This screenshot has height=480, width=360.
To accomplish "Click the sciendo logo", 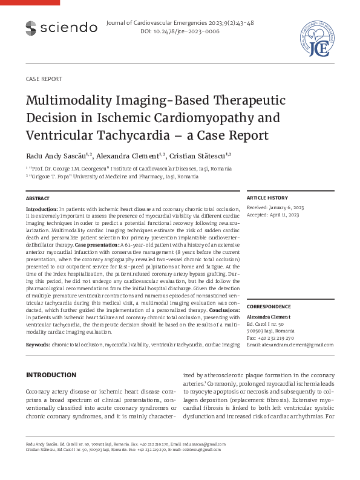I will point(61,27).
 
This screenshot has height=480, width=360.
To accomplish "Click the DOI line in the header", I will point(180,31).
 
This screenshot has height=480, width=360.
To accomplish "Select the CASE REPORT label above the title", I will point(44,79).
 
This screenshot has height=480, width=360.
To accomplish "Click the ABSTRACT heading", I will point(38,198).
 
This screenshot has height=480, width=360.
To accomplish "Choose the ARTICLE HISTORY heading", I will point(267,198).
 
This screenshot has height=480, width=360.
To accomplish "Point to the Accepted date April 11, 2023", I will point(283,214).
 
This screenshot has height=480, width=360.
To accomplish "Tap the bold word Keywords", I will point(38,344).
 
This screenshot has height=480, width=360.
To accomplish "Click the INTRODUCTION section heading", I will point(51,375).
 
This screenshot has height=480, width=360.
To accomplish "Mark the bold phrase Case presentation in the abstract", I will point(97,246).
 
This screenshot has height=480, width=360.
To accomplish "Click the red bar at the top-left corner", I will point(30,2).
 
